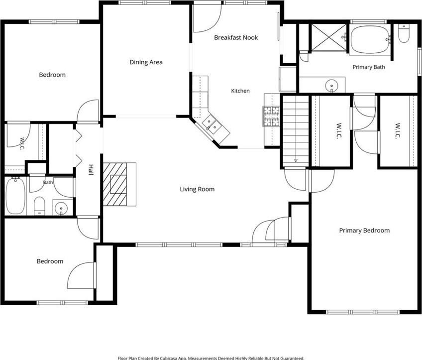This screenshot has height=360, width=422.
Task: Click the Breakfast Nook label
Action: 236,37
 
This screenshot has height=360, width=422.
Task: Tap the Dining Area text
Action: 146,62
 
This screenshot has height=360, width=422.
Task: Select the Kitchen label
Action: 240,91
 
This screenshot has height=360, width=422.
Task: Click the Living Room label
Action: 197,189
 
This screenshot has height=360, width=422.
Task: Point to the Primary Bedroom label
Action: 364,231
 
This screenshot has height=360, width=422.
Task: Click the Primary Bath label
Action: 369,67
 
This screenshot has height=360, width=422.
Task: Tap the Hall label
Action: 91,170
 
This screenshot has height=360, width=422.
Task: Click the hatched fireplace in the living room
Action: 115,184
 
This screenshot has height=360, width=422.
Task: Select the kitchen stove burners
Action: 272,117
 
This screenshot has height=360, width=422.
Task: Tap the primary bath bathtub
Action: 370,39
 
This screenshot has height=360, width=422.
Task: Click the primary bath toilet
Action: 404,33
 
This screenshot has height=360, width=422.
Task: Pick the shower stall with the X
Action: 329,37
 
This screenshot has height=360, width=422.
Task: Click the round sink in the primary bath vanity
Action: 332,86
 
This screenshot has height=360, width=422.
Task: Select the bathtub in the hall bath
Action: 16,196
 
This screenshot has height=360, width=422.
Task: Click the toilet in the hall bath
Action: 39,206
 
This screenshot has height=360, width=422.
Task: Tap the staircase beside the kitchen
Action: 296,130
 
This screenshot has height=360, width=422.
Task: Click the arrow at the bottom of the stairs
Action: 296,161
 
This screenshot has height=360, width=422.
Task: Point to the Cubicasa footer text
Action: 211,358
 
